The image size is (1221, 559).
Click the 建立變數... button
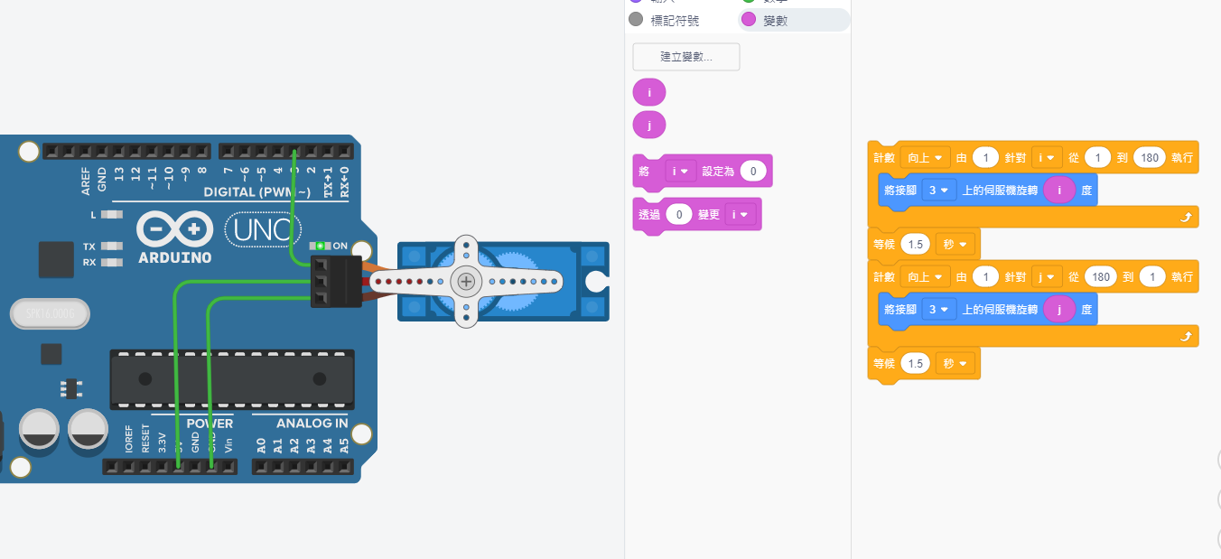tap(686, 57)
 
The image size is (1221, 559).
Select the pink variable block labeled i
tap(649, 92)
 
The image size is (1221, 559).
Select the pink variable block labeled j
tap(649, 125)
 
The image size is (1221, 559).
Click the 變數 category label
tap(775, 20)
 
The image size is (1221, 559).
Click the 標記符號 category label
tap(675, 20)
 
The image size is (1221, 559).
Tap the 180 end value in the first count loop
tap(1149, 157)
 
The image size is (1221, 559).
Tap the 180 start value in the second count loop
tap(1100, 277)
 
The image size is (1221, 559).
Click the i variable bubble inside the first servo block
tap(1059, 190)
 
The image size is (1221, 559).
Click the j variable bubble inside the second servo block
tap(1059, 310)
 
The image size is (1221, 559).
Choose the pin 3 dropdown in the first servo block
tap(939, 190)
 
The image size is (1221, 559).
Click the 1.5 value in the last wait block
tap(916, 363)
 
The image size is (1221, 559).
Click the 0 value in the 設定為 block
tap(753, 171)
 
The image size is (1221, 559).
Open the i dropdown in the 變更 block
tap(740, 215)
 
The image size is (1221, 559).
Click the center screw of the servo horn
tap(466, 281)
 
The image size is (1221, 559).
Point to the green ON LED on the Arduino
tap(319, 246)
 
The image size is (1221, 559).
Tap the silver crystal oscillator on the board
tap(50, 313)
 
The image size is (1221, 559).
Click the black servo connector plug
tap(335, 281)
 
